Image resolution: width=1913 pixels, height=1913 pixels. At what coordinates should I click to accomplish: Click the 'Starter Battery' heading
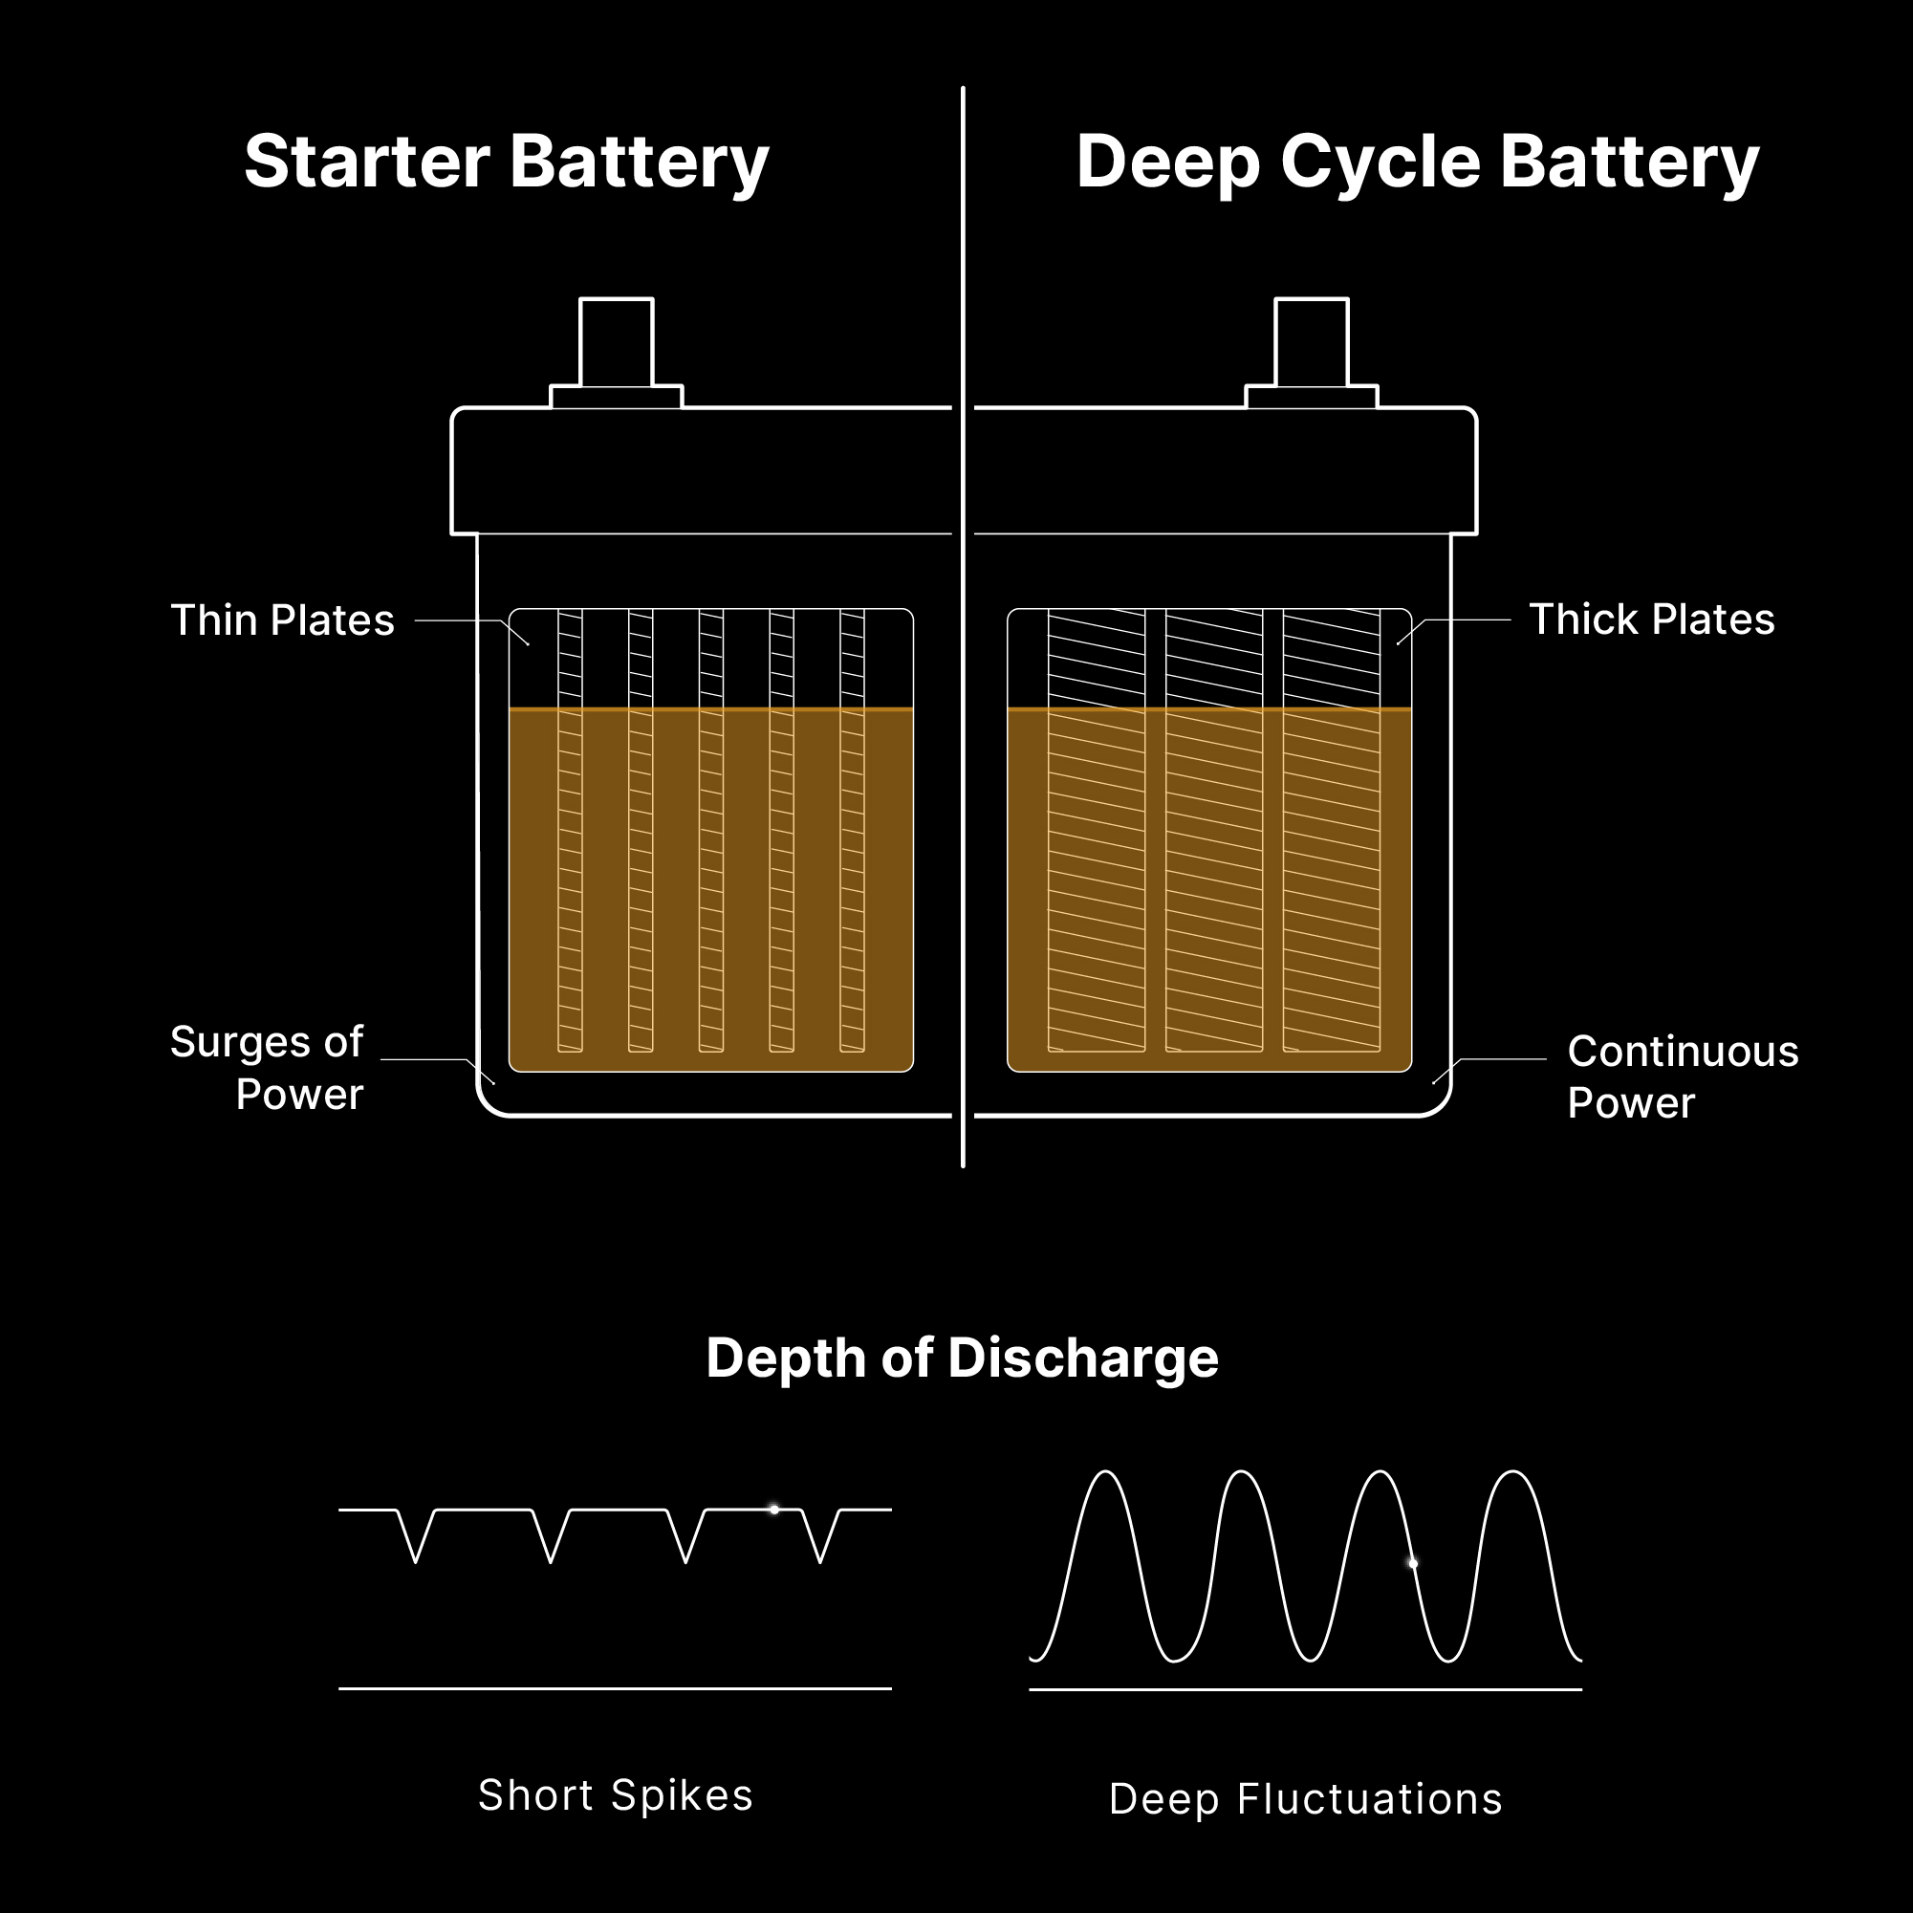coord(506,163)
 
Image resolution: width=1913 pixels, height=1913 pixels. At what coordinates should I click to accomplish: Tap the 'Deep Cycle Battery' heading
coord(1417,163)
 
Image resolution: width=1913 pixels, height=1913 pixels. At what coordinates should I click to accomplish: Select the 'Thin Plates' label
coord(283,620)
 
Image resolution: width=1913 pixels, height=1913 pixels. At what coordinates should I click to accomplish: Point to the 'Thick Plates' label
coord(1652,620)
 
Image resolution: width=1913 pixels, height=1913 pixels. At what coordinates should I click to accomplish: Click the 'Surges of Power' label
coord(268,1069)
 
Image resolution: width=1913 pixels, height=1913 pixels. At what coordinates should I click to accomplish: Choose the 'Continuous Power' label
coord(1683,1077)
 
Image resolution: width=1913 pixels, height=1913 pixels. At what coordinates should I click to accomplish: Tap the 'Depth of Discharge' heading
coord(962,1358)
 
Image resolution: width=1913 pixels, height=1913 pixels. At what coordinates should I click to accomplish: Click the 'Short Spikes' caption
coord(615,1795)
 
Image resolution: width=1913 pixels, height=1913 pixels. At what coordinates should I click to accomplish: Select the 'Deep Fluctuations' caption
coord(1305,1799)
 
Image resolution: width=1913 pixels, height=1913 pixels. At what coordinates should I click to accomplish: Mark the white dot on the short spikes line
coord(774,1510)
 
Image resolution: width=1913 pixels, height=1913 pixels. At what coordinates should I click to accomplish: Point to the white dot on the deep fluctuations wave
coord(1413,1563)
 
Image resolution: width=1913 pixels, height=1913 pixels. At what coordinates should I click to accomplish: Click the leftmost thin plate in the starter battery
coord(571,831)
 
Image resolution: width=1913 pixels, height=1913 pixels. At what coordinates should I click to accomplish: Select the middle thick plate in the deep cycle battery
coord(1214,831)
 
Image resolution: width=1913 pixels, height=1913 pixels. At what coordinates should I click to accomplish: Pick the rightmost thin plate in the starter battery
coord(853,831)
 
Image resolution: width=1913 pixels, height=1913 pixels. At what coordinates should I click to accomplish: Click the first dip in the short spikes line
coord(416,1562)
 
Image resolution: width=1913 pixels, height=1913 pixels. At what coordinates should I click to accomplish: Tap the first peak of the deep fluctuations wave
coord(1106,1472)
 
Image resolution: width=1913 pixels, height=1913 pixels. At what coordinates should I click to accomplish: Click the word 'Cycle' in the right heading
coord(1380,163)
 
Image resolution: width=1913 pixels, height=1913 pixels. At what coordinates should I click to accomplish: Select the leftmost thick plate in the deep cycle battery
coord(1098,831)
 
